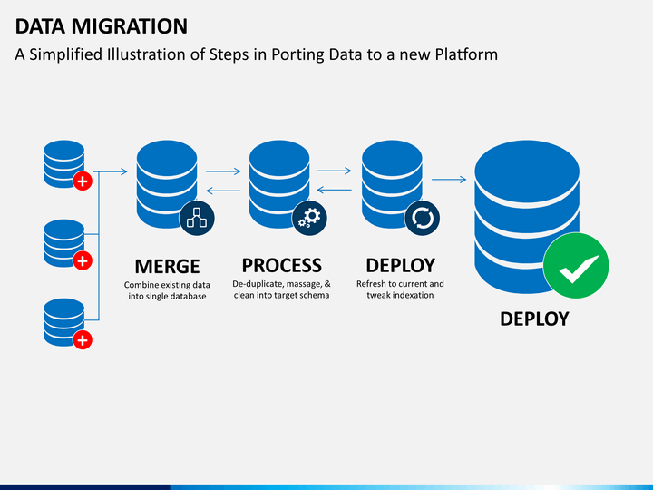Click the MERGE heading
(167, 267)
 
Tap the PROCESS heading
(282, 265)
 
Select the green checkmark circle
(576, 265)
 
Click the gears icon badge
(309, 218)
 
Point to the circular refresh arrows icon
(423, 218)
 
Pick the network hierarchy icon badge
(197, 218)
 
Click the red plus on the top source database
(83, 181)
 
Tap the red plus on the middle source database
(83, 260)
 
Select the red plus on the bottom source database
(83, 340)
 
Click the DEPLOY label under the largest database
(534, 319)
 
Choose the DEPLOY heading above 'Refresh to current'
(401, 265)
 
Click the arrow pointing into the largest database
(449, 180)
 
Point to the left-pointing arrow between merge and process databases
(223, 191)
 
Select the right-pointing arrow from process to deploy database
(334, 171)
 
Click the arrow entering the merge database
(111, 171)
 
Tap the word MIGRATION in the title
(130, 26)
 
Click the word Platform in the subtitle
(466, 54)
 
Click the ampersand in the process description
(327, 284)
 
